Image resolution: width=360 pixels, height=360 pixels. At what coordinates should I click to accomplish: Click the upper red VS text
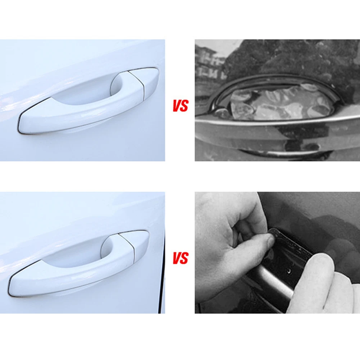(x=181, y=106)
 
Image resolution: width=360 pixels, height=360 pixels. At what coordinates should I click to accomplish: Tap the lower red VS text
(x=181, y=258)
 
